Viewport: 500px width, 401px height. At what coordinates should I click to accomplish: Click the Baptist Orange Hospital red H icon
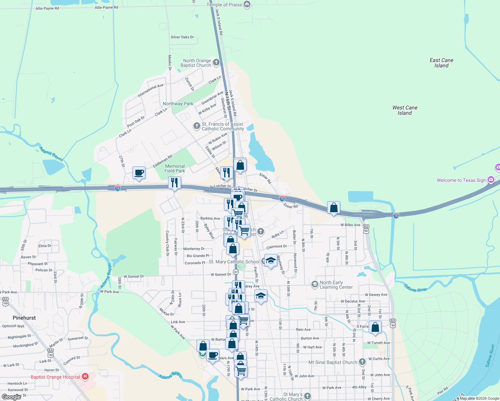tap(85, 377)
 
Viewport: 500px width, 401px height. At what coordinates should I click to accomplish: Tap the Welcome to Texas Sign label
tap(461, 180)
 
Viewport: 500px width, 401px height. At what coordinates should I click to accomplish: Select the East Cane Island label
tap(442, 63)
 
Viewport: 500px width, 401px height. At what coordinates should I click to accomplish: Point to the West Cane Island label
tap(405, 110)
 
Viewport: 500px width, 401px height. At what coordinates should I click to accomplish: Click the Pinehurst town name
tap(24, 318)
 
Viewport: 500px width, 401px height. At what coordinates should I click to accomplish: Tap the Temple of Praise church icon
tap(247, 4)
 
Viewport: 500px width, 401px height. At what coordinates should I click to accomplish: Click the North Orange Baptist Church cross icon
tap(216, 62)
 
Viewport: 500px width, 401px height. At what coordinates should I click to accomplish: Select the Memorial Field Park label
tap(175, 168)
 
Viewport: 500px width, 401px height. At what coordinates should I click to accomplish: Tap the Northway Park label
tap(178, 104)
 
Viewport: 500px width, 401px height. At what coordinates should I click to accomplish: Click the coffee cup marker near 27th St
tap(139, 173)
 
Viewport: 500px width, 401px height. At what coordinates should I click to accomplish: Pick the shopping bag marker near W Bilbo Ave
tap(334, 208)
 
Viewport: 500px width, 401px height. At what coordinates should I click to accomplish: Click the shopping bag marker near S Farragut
tap(375, 327)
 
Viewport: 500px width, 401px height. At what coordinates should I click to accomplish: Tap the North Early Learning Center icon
tap(315, 284)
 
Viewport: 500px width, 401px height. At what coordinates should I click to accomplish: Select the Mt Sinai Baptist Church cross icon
tap(362, 362)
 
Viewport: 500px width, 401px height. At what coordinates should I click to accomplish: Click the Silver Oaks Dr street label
tap(182, 37)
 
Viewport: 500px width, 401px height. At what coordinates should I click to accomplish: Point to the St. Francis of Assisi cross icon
tap(197, 126)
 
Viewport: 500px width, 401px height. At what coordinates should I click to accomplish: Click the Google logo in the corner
tap(11, 397)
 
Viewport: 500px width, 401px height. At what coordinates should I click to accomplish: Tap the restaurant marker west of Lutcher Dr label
tap(174, 182)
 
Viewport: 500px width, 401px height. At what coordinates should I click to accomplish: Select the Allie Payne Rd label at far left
tap(47, 8)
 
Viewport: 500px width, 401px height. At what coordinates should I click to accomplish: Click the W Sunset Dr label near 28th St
tap(134, 276)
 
